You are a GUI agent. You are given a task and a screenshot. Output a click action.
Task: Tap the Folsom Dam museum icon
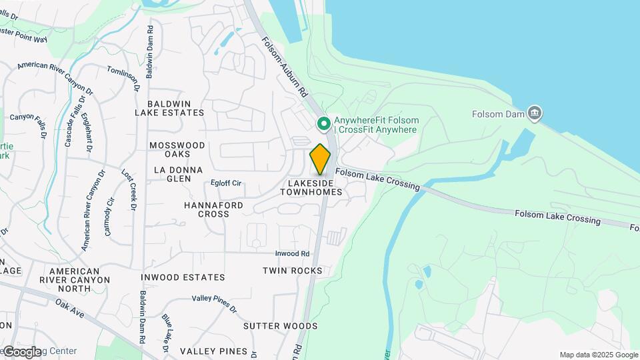pos(534,113)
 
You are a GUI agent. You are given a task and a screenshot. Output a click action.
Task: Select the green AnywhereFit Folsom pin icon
pos(324,123)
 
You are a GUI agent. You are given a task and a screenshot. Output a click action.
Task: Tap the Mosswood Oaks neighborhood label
pos(177,150)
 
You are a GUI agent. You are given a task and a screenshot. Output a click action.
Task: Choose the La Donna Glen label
pos(178,174)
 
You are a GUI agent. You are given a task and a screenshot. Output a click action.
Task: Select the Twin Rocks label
pos(293,271)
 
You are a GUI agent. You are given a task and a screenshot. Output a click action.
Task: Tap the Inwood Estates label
pos(183,277)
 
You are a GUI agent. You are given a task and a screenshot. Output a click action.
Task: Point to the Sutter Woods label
pos(280,326)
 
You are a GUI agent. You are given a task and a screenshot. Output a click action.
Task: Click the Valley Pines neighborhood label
pos(213,351)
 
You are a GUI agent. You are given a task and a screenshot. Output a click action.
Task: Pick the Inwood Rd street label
pos(293,254)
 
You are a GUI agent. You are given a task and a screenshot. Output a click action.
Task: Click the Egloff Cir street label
pos(225,183)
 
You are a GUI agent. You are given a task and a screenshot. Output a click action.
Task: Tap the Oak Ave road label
pos(69,308)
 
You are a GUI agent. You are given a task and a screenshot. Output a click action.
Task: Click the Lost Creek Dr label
pos(128,190)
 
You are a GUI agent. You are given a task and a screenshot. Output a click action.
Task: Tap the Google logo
pos(21,351)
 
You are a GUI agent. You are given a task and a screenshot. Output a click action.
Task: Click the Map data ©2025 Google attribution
pos(598,355)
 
